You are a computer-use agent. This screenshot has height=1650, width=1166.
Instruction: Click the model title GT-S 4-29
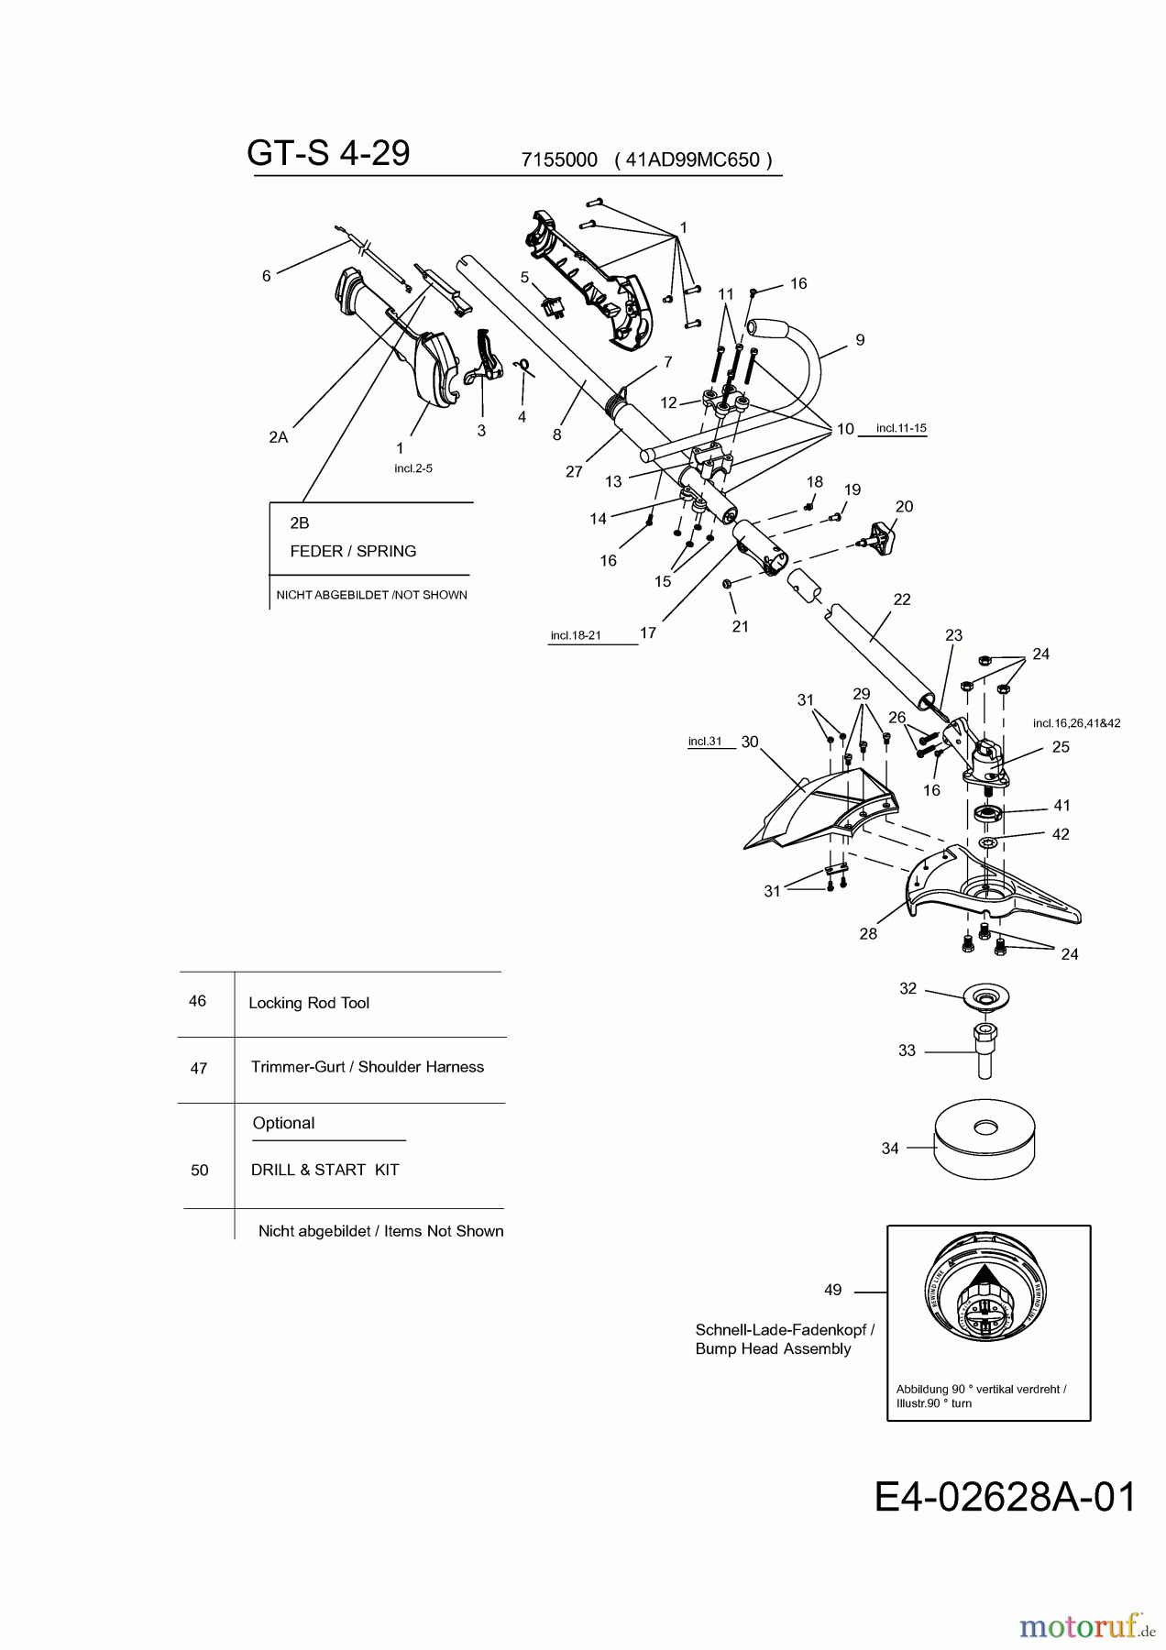coord(328,154)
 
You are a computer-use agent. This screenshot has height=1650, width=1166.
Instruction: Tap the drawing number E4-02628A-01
coord(1005,1498)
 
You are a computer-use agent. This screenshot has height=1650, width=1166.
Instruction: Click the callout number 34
coord(889,1148)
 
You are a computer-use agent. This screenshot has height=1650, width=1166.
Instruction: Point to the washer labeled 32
coord(985,997)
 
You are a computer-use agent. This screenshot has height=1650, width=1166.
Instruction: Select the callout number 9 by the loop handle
coord(860,340)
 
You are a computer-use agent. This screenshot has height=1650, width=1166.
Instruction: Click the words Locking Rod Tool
coord(309,1003)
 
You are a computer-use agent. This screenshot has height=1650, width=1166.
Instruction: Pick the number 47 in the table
coord(199,1068)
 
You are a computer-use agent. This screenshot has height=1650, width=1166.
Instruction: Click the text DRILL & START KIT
coord(324,1170)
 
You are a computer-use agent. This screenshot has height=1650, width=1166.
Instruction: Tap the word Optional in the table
coord(283,1123)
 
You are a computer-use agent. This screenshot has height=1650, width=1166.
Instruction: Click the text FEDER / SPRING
coord(353,551)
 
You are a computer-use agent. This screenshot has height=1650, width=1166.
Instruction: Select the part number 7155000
coord(559,159)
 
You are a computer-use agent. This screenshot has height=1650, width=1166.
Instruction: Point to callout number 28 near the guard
coord(868,933)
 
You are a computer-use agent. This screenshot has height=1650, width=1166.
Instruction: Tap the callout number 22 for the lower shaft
coord(902,599)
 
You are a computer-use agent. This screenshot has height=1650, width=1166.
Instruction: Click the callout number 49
coord(832,1290)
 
